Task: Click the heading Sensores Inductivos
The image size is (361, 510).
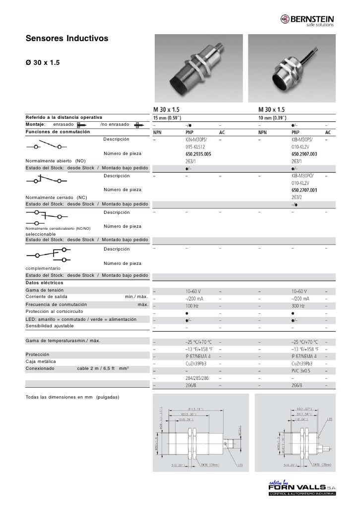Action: pyautogui.click(x=66, y=38)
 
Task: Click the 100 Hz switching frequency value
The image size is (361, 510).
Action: pyautogui.click(x=193, y=306)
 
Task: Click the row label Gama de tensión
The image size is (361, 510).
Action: pyautogui.click(x=48, y=289)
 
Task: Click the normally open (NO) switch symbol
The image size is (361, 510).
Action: pyautogui.click(x=47, y=146)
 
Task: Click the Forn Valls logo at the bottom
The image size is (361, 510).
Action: pyautogui.click(x=302, y=488)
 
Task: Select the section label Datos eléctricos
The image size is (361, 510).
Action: pyautogui.click(x=46, y=282)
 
